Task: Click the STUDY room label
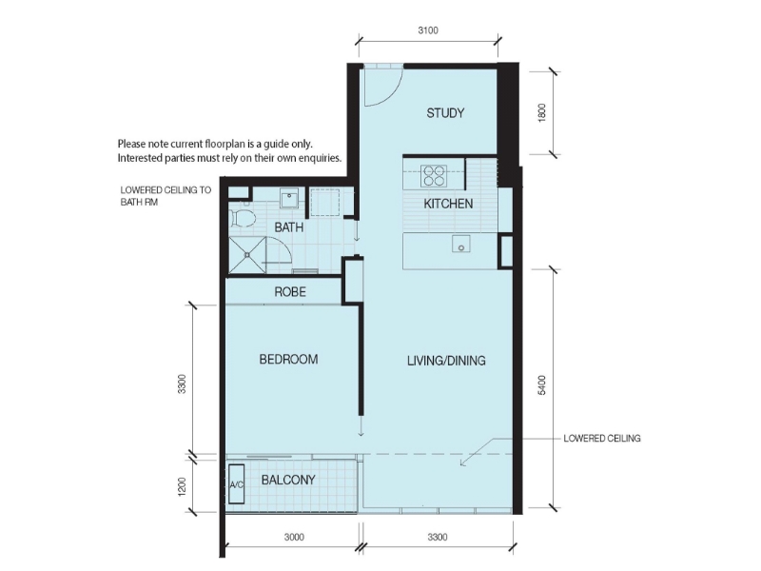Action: point(445,113)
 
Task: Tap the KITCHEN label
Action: point(448,204)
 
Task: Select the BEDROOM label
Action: point(288,360)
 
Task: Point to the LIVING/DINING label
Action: point(446,361)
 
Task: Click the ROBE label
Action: point(290,292)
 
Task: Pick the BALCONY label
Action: point(288,480)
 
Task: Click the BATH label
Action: point(289,227)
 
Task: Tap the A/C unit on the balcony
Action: point(236,484)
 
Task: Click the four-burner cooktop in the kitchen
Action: point(434,176)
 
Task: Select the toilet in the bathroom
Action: point(243,218)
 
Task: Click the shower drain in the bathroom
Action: point(247,254)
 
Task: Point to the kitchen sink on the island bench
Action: point(461,244)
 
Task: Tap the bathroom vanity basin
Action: point(290,199)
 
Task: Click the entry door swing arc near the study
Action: point(391,94)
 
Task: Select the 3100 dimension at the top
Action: point(428,30)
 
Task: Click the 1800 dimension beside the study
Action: point(542,112)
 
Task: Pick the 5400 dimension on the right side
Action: point(542,385)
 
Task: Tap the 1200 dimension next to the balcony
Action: point(182,487)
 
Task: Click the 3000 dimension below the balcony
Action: point(294,537)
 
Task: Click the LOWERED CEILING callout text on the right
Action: point(602,439)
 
